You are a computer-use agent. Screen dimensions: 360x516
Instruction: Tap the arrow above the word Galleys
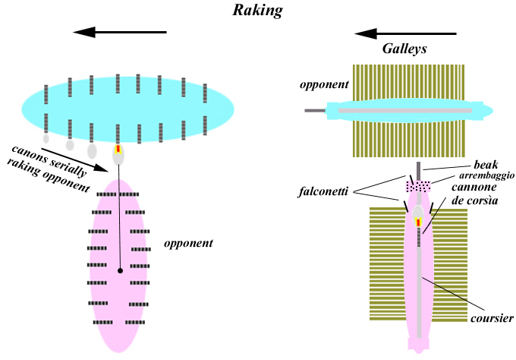coord(405,33)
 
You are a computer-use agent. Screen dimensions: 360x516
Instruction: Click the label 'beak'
coord(486,164)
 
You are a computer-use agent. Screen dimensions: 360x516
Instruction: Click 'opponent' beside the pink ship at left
coord(187,244)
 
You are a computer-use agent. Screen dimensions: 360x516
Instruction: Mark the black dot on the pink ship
coord(120,270)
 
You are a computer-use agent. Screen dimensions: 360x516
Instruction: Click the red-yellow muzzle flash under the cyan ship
coord(118,150)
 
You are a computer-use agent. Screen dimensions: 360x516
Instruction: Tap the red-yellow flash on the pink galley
coord(418,222)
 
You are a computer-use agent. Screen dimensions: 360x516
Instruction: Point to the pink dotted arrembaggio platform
coord(418,185)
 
